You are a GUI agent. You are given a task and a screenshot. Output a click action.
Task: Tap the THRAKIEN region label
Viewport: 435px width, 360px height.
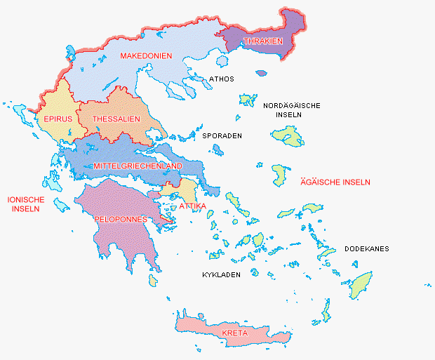[x=262, y=41]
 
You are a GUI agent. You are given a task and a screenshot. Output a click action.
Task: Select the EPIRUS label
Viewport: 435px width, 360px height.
[x=58, y=119]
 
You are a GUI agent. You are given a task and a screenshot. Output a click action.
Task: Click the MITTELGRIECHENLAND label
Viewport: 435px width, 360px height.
[x=138, y=166]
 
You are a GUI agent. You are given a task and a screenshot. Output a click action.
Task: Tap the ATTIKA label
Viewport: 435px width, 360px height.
[x=192, y=206]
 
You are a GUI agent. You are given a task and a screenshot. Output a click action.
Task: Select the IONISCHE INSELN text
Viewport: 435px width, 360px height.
[x=26, y=204]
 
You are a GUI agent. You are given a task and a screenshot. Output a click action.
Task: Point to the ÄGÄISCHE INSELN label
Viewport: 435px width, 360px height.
[x=335, y=182]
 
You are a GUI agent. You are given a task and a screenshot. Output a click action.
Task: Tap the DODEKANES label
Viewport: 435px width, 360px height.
[x=366, y=249]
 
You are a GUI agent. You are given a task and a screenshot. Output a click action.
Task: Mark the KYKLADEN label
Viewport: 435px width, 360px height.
[x=222, y=274]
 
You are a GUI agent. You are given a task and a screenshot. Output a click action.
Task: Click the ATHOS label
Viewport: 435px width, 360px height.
[x=222, y=79]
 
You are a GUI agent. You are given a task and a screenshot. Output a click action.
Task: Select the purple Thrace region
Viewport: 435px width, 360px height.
[x=288, y=28]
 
